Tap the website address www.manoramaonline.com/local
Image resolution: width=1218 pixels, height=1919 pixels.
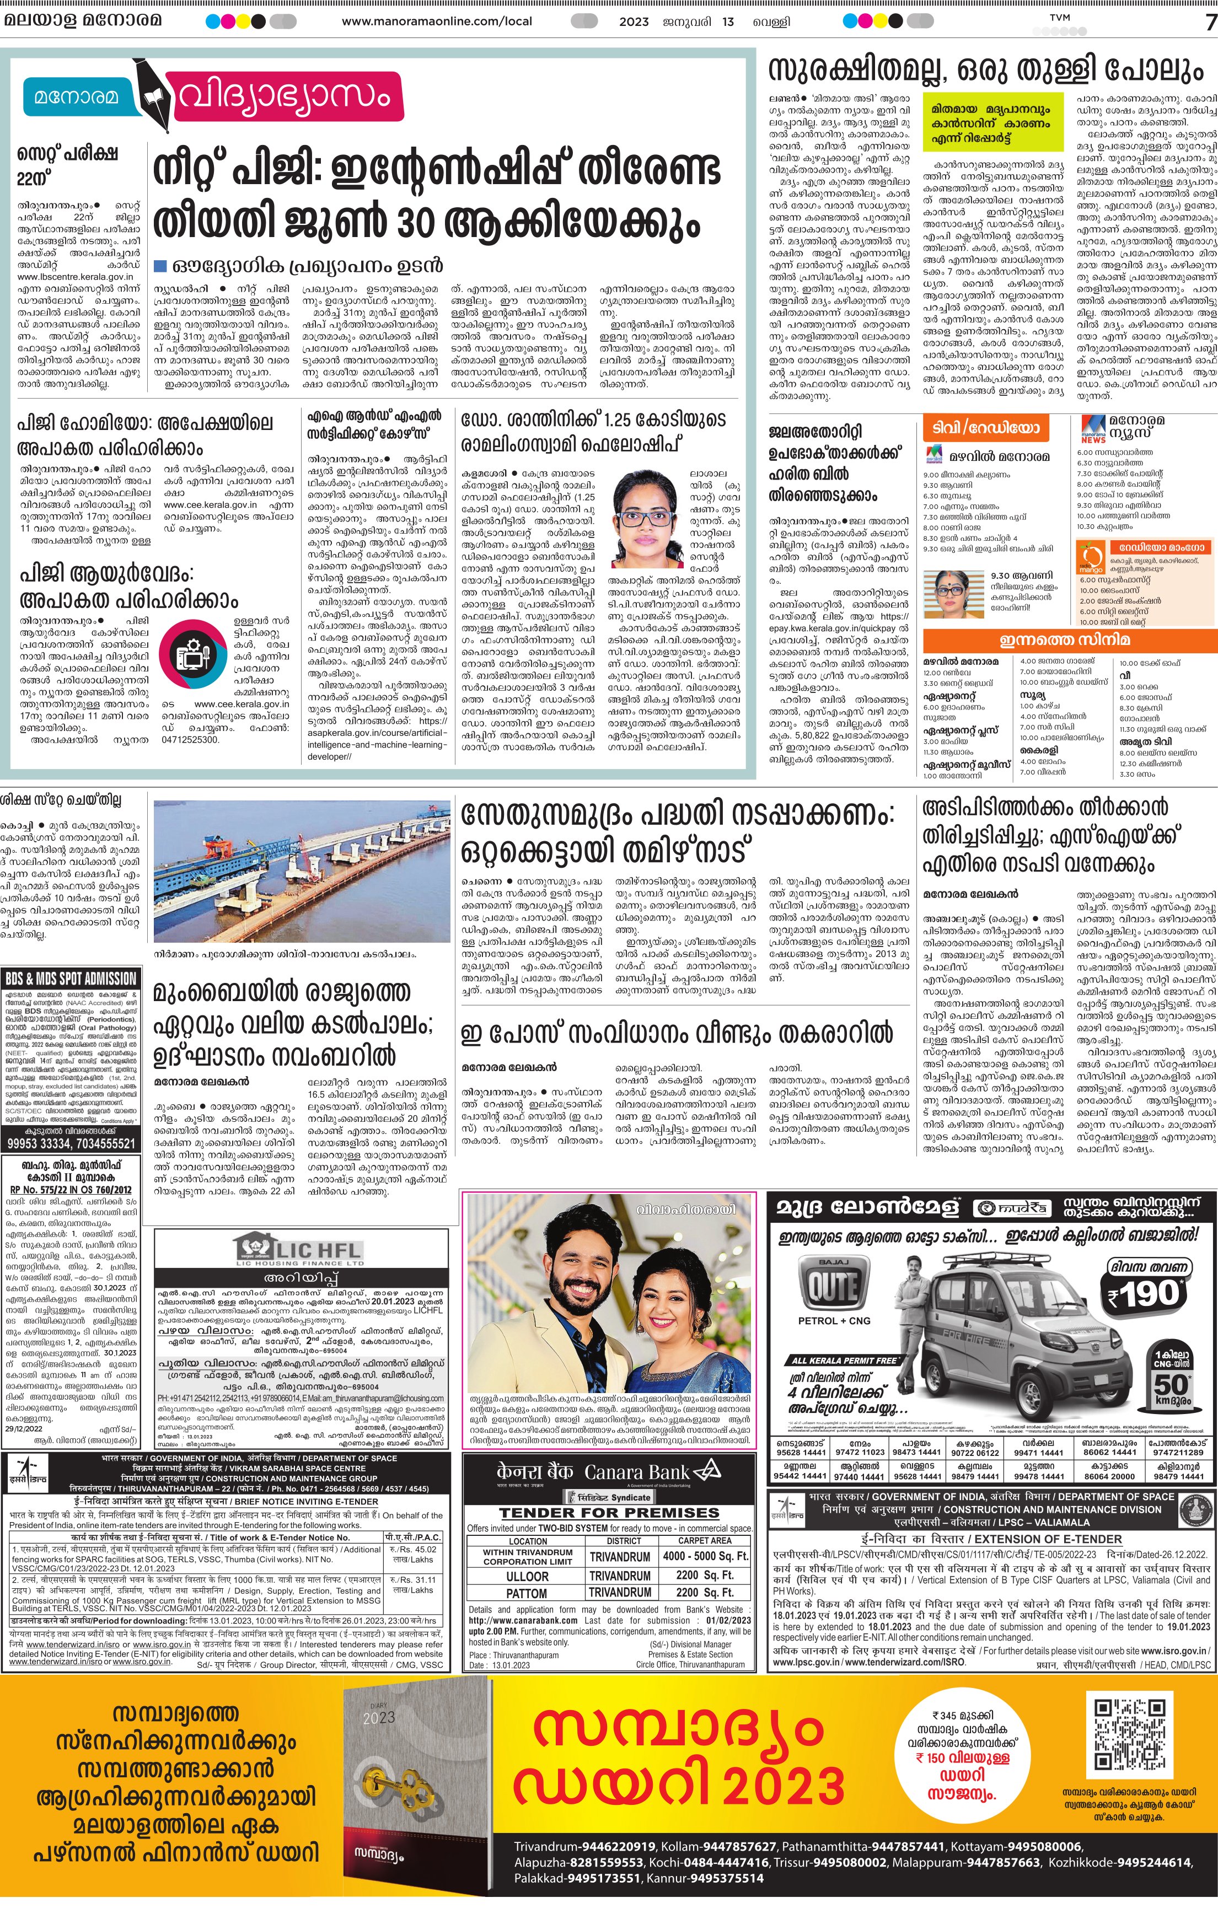point(437,21)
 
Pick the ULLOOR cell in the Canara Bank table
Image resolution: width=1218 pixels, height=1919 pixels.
point(527,1576)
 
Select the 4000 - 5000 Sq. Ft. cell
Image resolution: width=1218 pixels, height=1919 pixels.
point(705,1556)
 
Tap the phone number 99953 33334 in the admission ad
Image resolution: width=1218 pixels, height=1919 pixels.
point(39,1143)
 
